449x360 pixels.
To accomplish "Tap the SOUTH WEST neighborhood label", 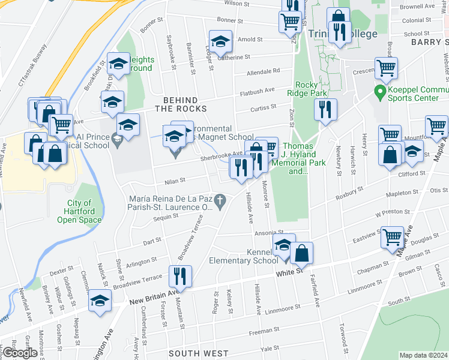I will tap(190, 354).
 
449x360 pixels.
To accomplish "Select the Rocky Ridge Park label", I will tap(311, 89).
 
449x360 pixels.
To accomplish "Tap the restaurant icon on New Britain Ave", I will tap(180, 276).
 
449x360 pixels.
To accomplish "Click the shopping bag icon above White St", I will tap(303, 253).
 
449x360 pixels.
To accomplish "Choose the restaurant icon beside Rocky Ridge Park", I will tap(325, 109).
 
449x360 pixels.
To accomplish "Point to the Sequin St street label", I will tap(167, 218).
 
